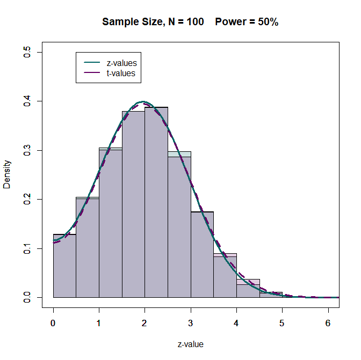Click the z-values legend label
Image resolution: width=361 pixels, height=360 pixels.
(x=118, y=63)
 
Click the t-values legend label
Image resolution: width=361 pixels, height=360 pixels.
(x=117, y=73)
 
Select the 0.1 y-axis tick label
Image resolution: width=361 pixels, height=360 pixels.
(x=27, y=248)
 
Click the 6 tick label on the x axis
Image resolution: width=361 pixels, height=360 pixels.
(x=328, y=324)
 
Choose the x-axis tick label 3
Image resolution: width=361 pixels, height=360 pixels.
(x=191, y=324)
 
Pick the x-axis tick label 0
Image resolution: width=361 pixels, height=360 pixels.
(x=53, y=324)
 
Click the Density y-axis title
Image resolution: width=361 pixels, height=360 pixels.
(x=7, y=174)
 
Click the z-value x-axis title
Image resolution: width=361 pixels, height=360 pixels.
(x=190, y=344)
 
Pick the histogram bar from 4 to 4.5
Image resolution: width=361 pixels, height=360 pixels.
(x=248, y=290)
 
